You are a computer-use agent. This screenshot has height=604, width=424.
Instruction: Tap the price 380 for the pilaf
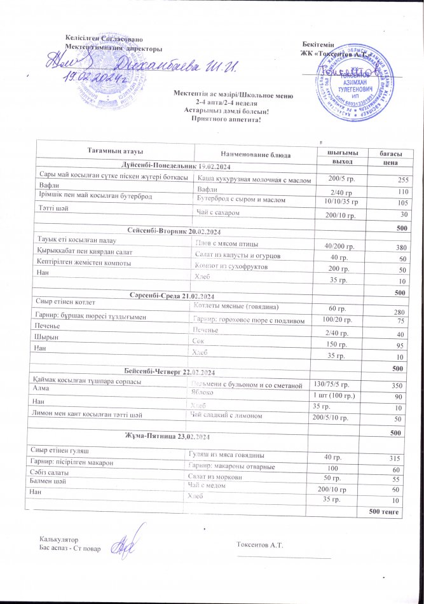(400, 247)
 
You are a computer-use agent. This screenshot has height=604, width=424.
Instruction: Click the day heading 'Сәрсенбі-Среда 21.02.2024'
(173, 297)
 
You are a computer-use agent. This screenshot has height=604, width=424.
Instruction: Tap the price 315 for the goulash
(399, 458)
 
